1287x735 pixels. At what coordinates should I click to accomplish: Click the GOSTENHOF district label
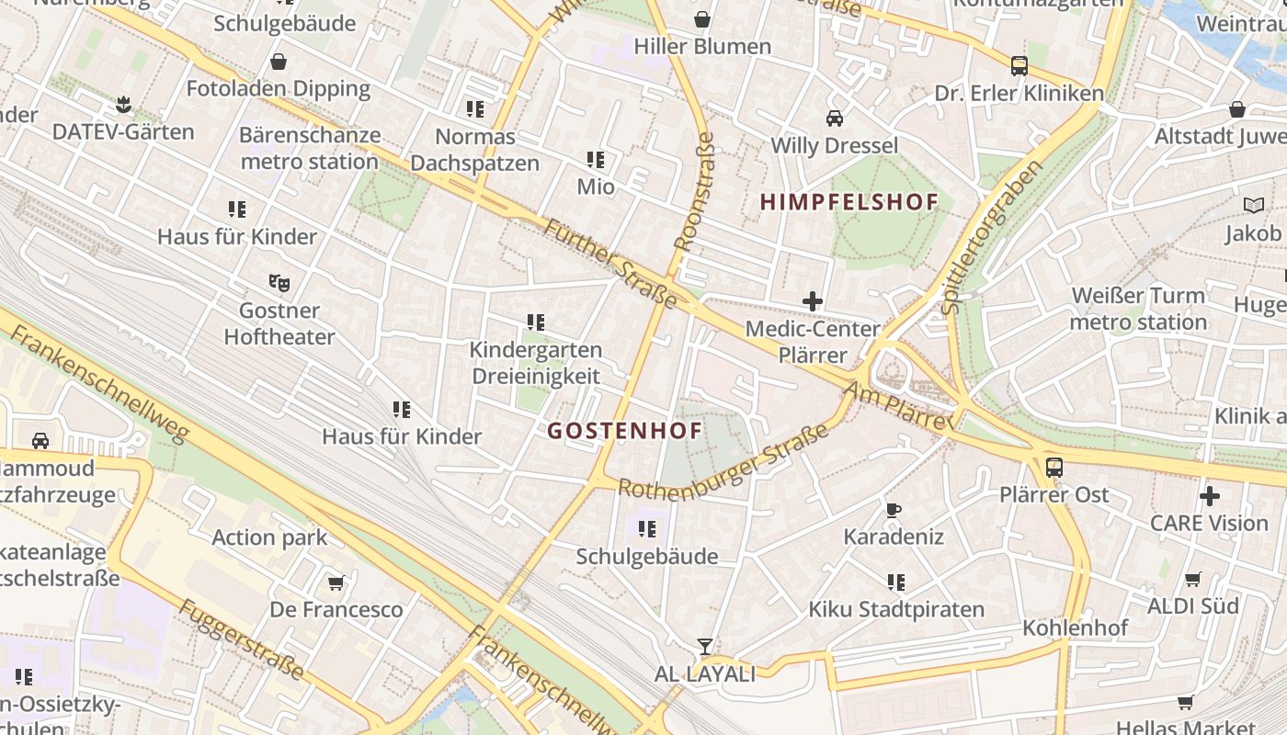(625, 430)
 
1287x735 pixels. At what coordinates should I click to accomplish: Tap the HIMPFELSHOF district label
(849, 202)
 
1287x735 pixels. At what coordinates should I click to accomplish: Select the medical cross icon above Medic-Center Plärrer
(813, 300)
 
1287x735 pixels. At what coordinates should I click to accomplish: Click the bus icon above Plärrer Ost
(1054, 467)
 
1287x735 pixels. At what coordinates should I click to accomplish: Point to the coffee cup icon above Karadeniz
(893, 510)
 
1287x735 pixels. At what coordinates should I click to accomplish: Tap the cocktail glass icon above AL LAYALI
(704, 647)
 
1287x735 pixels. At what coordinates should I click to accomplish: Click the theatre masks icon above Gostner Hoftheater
(279, 283)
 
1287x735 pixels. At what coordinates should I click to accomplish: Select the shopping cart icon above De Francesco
(336, 582)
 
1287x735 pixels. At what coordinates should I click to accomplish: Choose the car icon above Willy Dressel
(835, 118)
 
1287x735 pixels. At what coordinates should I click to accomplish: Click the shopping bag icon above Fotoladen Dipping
(278, 62)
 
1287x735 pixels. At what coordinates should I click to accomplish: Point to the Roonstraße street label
(694, 193)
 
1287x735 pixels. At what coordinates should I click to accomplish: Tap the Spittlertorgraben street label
(995, 237)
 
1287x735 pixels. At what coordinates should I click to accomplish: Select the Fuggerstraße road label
(241, 640)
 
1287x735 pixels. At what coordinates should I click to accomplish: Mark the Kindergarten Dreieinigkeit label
(535, 363)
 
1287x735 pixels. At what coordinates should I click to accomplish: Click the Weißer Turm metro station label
(1138, 309)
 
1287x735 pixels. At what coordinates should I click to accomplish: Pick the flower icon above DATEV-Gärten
(123, 105)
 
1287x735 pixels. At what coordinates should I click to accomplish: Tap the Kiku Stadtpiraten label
(896, 609)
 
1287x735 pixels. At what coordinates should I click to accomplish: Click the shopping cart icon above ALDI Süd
(1192, 579)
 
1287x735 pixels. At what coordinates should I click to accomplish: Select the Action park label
(269, 537)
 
